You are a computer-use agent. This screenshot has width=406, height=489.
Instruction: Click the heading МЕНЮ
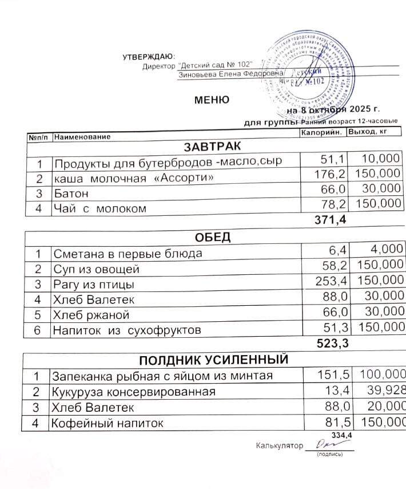[212, 100]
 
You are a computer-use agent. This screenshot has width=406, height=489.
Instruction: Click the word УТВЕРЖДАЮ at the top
[148, 56]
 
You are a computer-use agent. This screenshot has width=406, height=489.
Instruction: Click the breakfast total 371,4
[327, 220]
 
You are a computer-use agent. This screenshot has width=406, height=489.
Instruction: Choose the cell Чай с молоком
[99, 209]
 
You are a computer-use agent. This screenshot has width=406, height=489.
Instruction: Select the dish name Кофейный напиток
[108, 424]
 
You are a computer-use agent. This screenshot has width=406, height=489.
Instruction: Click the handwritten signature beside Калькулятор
[317, 444]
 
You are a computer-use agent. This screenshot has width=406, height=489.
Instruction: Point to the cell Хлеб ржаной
[91, 315]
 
